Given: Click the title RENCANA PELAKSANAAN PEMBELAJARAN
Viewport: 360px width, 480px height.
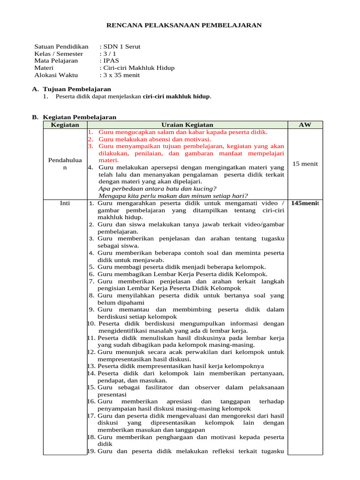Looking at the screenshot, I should [185, 25].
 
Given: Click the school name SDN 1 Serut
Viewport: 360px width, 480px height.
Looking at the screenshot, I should [121, 46].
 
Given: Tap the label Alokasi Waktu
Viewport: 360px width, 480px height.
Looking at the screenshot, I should [56, 75].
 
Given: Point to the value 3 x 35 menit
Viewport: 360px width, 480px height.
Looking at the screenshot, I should [121, 75].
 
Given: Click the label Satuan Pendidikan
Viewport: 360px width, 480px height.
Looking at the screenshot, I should [61, 46].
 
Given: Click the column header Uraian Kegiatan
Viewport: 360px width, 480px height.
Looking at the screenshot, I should [187, 125].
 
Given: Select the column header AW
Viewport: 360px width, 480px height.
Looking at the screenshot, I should [304, 125].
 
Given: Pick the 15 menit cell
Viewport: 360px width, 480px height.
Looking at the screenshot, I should [305, 164].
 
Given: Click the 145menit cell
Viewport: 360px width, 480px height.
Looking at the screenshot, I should [305, 203].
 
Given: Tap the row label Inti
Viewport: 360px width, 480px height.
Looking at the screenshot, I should [65, 203].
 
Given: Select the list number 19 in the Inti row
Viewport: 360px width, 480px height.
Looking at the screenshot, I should [92, 451].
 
